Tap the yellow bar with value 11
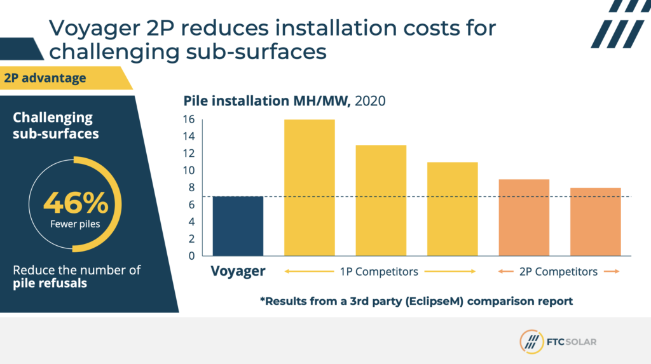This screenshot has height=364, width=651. point(452,209)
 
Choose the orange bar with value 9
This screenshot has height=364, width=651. point(523,217)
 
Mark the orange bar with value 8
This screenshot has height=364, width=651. point(595,222)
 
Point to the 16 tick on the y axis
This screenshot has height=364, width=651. point(189,119)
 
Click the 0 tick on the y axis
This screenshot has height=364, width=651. point(191,256)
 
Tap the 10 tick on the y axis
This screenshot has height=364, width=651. point(189,170)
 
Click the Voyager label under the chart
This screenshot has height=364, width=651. point(238,272)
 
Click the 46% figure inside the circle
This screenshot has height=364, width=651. point(76,203)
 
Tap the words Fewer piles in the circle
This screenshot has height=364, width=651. point(76,224)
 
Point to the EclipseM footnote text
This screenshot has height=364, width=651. point(416,301)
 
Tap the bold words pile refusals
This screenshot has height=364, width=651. point(50,283)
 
